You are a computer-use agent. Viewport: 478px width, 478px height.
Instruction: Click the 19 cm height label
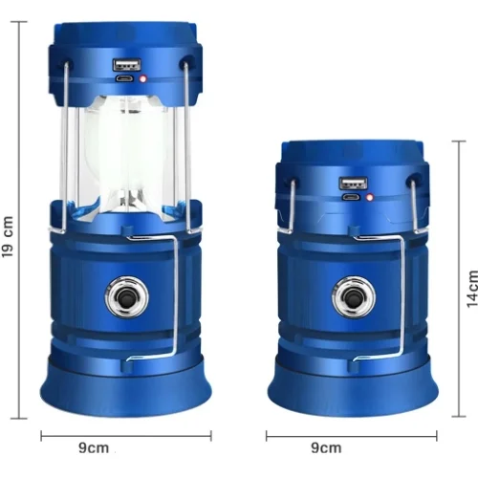pyautogui.click(x=8, y=236)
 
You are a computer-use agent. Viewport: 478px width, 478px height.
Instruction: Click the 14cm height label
pyautogui.click(x=472, y=289)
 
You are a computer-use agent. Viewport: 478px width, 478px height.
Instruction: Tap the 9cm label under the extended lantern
pyautogui.click(x=94, y=447)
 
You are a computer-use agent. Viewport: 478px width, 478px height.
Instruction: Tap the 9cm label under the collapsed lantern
pyautogui.click(x=326, y=447)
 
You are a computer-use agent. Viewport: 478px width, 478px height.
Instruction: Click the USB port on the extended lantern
pyautogui.click(x=126, y=64)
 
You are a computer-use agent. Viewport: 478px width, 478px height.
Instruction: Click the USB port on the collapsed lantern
pyautogui.click(x=353, y=184)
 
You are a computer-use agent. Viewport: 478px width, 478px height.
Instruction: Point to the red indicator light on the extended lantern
pyautogui.click(x=143, y=78)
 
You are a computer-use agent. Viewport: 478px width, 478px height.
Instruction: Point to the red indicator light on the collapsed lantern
pyautogui.click(x=370, y=198)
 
